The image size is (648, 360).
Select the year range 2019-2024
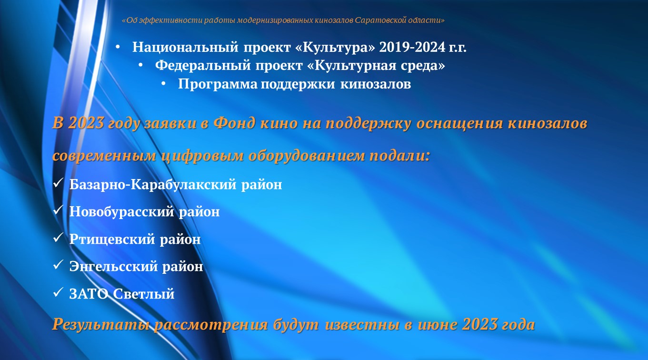(412, 47)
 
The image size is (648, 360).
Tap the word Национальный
(185, 48)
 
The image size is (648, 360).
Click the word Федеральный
(203, 66)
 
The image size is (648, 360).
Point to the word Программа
(218, 84)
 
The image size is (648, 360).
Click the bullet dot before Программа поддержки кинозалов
(163, 84)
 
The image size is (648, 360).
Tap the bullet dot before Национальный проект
(118, 47)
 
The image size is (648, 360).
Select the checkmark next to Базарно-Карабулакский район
(58, 183)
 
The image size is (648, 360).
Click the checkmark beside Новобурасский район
(58, 210)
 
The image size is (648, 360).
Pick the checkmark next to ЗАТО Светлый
(58, 292)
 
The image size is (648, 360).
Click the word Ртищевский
(112, 240)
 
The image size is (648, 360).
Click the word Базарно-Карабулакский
(153, 185)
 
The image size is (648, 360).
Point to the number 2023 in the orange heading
(86, 123)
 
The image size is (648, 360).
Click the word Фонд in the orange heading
(234, 123)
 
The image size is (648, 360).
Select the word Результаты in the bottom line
(101, 324)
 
